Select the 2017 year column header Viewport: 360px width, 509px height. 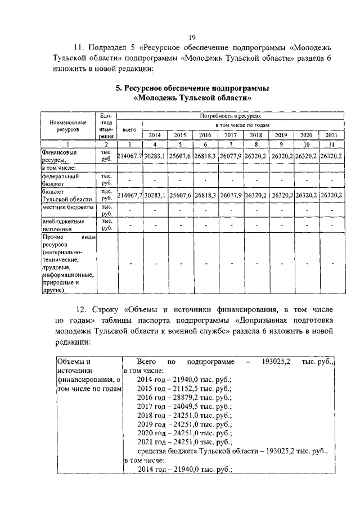point(231,136)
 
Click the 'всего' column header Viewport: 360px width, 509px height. point(129,129)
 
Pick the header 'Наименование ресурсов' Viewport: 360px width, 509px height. point(64,125)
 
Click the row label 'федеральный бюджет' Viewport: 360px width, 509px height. point(60,179)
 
